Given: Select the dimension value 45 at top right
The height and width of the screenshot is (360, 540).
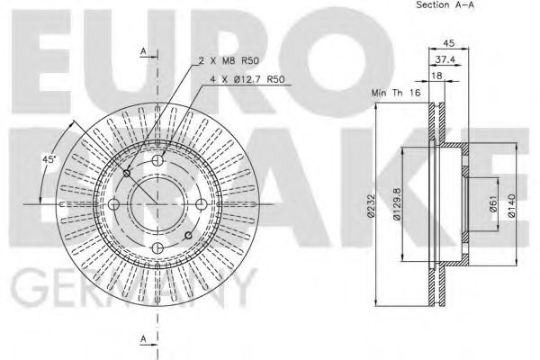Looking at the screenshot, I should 447,40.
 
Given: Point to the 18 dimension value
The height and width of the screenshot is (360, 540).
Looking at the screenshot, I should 437,77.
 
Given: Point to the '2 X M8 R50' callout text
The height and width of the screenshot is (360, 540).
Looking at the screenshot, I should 229,60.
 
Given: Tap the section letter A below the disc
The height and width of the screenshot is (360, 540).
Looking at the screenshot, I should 144,338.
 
